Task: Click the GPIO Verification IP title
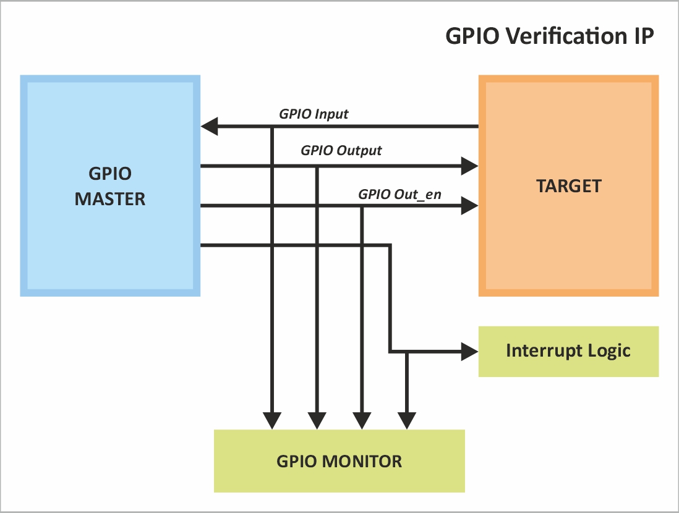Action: pos(549,36)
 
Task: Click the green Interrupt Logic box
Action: pos(568,351)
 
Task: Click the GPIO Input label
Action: pos(314,114)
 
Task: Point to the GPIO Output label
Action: pos(341,150)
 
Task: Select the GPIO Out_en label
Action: pos(399,194)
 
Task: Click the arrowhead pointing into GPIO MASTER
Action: pos(209,127)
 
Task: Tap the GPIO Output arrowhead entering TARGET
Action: pos(470,166)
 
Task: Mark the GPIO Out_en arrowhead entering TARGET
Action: pos(470,206)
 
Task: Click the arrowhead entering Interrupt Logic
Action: pos(470,352)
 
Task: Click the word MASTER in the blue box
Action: pos(110,199)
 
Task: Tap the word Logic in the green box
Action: pos(610,351)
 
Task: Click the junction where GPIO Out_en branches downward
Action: pos(362,206)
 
